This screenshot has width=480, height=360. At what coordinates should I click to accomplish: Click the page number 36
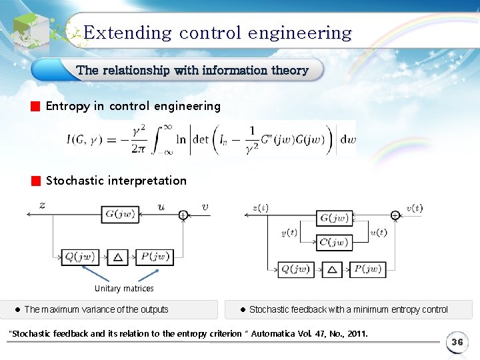point(457,342)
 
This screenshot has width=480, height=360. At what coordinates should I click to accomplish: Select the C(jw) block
point(334,243)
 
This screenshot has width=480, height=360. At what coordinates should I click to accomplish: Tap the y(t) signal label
point(290,233)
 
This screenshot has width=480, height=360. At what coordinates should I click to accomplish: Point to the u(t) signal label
point(378,233)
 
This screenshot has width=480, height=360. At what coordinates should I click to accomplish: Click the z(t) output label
point(261,208)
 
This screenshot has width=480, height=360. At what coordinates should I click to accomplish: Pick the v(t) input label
point(414,208)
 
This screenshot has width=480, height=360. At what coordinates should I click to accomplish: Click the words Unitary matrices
point(124,289)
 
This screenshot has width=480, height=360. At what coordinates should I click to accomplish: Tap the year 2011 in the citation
point(355,333)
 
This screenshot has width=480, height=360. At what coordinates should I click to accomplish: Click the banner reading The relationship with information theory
point(192,70)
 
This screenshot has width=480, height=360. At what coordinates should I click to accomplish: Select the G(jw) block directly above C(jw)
point(334,218)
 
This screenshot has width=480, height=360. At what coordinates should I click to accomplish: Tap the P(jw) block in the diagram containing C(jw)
point(367,269)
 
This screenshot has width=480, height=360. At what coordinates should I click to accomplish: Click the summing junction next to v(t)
point(395,215)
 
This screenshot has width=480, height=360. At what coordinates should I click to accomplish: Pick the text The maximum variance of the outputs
point(96,309)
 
